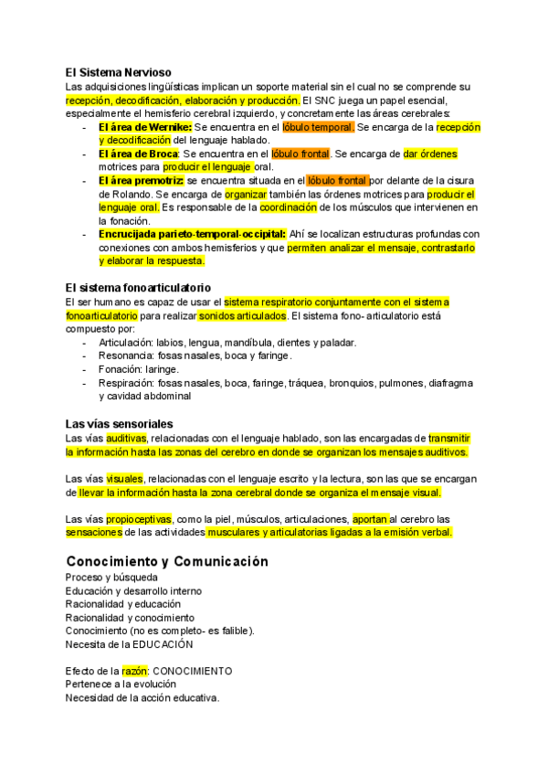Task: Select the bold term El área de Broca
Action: [x=138, y=154]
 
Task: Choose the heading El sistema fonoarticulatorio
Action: [x=138, y=287]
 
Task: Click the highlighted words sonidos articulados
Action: [x=241, y=315]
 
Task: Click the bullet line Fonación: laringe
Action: [x=139, y=369]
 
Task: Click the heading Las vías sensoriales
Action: [x=120, y=424]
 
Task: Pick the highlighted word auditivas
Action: [x=126, y=439]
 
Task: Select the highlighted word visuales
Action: [x=124, y=479]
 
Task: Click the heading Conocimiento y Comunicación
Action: [x=167, y=560]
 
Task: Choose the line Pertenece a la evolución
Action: [x=121, y=685]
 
